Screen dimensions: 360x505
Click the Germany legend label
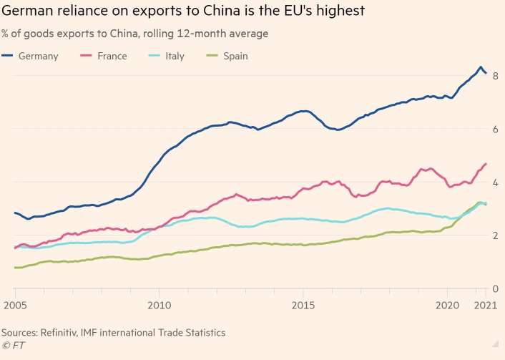[x=39, y=56]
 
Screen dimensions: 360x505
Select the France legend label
[x=112, y=56]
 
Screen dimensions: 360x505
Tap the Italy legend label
[x=175, y=56]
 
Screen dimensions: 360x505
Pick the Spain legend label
[x=235, y=56]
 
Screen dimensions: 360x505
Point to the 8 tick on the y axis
[x=495, y=76]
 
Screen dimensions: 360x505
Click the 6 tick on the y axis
[x=495, y=129]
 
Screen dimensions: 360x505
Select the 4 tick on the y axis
[x=495, y=182]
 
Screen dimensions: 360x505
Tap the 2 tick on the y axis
[x=495, y=235]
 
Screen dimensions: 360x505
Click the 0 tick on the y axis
[x=495, y=288]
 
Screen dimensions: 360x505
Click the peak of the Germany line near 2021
[x=481, y=67]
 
